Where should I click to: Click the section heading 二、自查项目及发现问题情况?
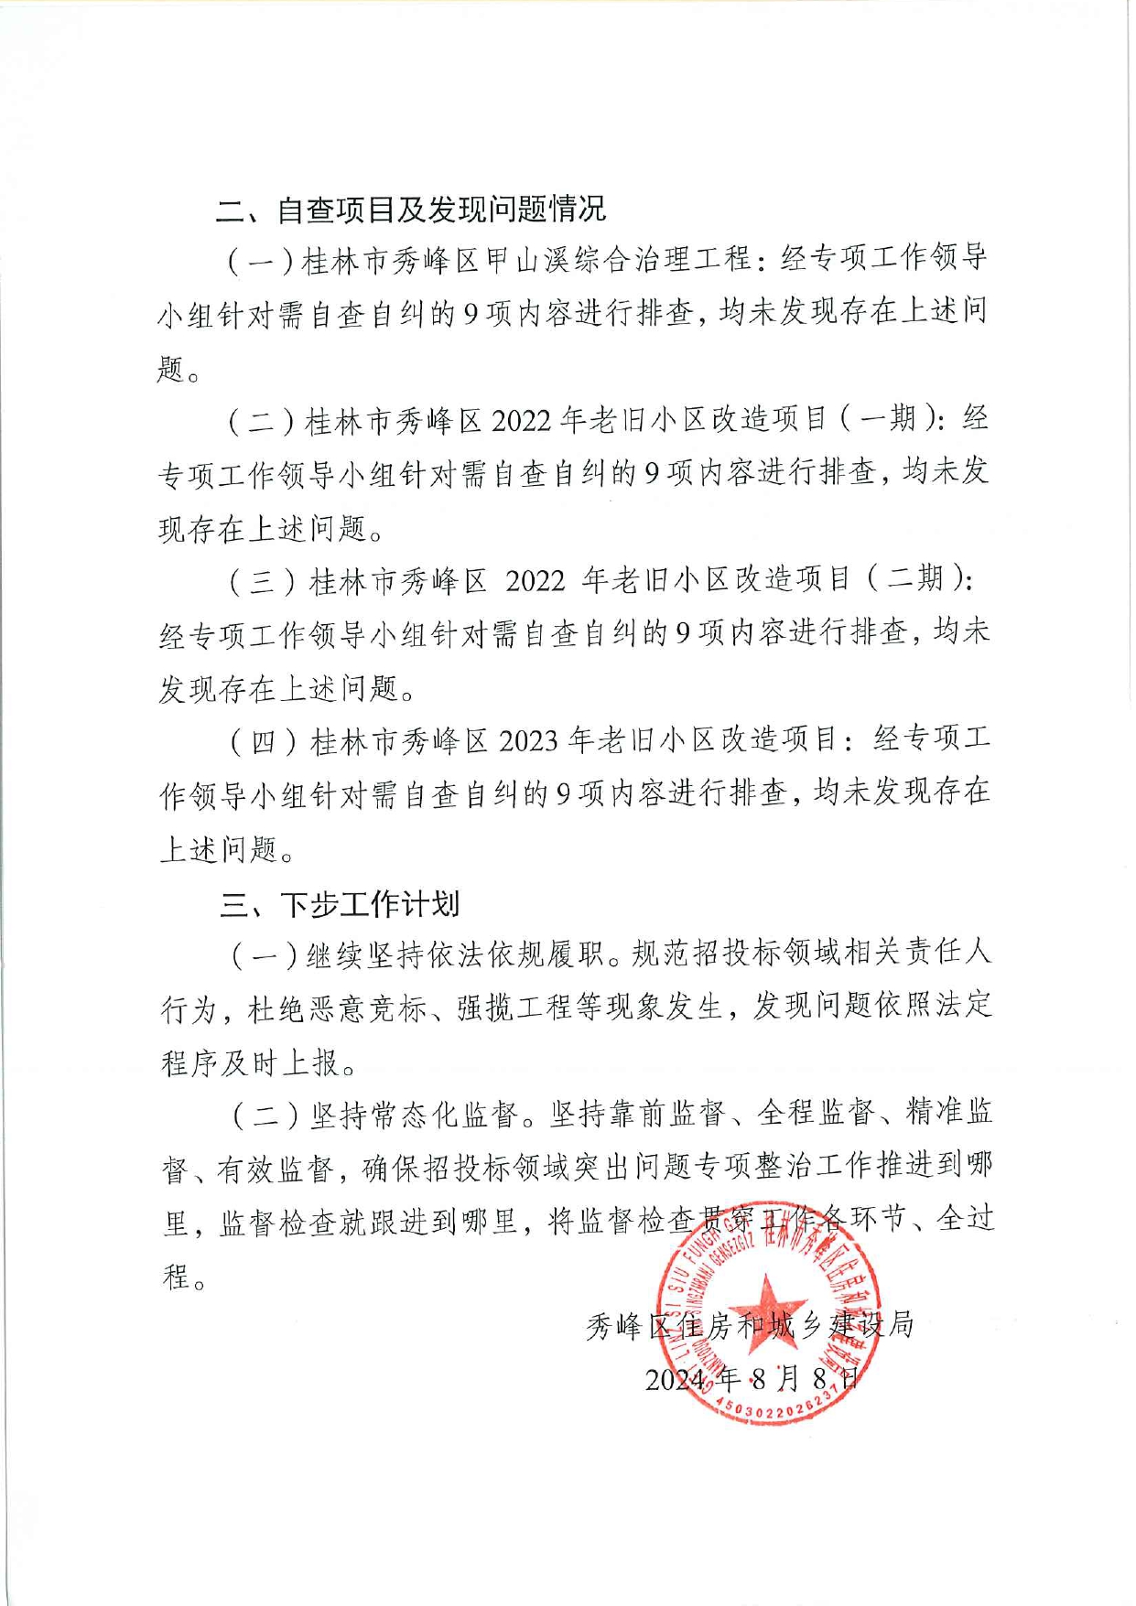tap(411, 210)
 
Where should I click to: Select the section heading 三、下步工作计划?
tap(340, 904)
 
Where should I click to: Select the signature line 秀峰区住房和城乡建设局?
tap(750, 1325)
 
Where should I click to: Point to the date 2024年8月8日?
tap(752, 1379)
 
